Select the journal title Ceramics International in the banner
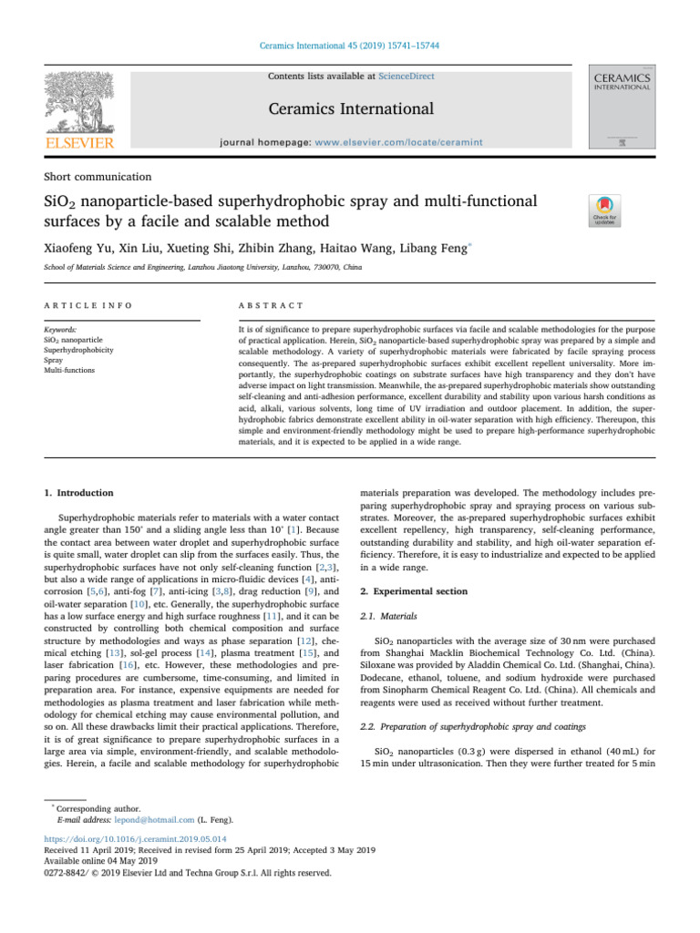[350, 109]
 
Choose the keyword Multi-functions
[69, 371]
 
